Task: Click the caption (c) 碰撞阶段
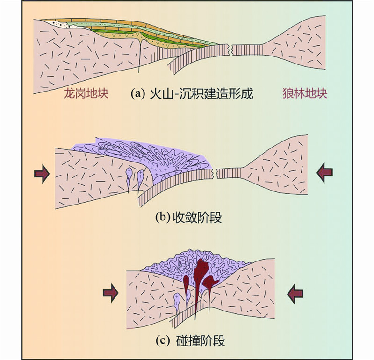(x=192, y=341)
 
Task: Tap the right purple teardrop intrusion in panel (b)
(x=141, y=178)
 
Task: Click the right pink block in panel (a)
(x=299, y=47)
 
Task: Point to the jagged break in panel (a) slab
(x=232, y=48)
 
